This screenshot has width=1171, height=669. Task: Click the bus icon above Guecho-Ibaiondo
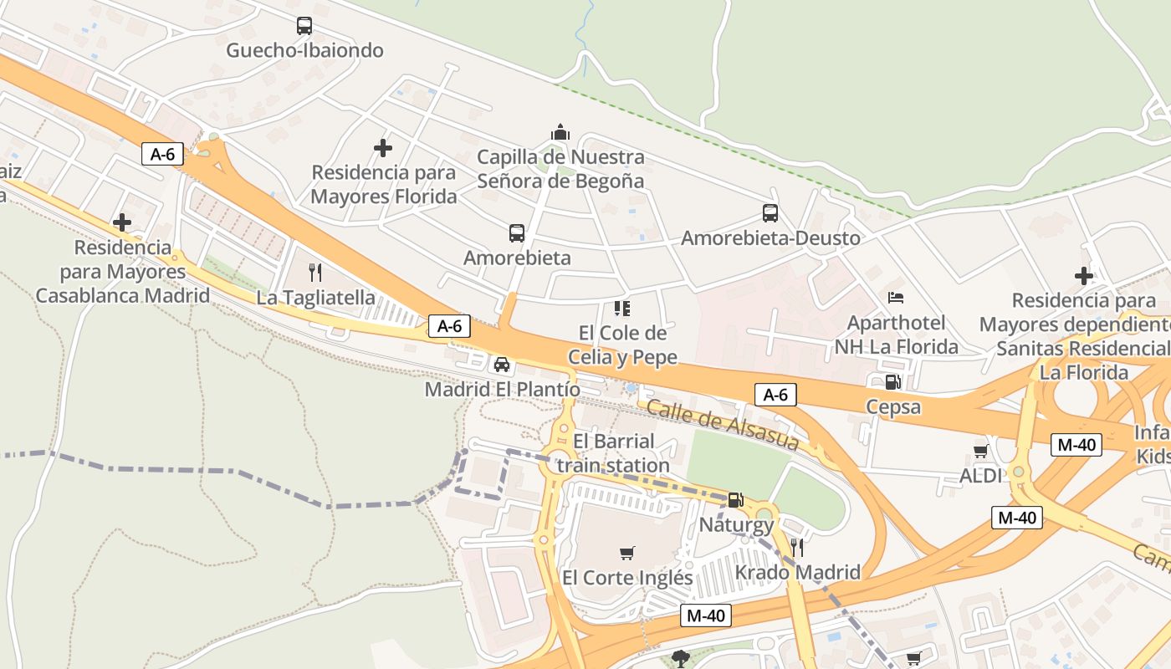[x=304, y=26]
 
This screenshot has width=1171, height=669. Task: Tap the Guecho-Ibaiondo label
[x=304, y=50]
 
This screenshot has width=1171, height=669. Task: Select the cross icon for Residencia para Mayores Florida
[x=383, y=148]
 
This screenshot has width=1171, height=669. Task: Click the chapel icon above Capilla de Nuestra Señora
[x=560, y=132]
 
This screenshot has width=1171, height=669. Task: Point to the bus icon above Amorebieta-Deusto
[x=770, y=213]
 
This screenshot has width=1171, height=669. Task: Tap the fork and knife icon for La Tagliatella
[x=315, y=272]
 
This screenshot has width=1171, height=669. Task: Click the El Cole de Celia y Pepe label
[x=621, y=345]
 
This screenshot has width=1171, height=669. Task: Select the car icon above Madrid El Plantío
[x=502, y=364]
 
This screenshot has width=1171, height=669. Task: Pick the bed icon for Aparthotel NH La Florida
[x=896, y=297]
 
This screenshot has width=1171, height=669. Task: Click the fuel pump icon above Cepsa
[x=892, y=382]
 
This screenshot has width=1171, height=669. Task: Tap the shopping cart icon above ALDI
[x=980, y=452]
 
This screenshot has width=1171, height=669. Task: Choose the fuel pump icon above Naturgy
[x=735, y=500]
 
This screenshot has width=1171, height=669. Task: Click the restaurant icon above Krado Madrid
[x=797, y=548]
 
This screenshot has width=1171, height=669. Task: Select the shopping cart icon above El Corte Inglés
[x=627, y=553]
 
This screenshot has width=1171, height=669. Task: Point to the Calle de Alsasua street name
[x=723, y=425]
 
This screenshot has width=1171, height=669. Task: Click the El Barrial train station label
[x=613, y=453]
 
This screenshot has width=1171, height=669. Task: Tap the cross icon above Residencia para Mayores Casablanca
[x=122, y=222]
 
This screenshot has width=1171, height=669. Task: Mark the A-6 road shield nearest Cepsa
[x=775, y=395]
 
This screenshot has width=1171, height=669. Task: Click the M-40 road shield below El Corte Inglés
[x=705, y=615]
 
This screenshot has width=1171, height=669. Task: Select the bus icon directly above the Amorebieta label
[x=517, y=233]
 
